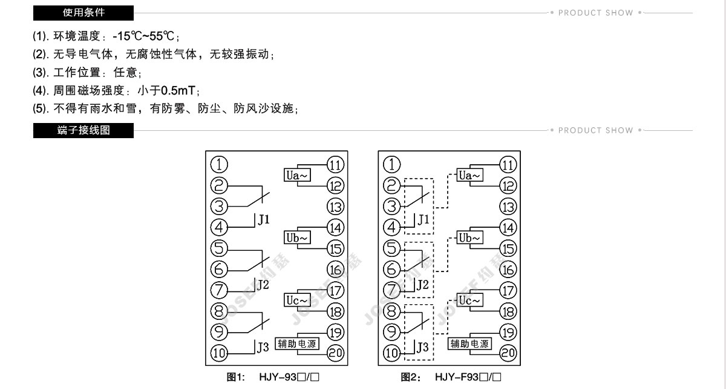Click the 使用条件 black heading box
click(x=83, y=13)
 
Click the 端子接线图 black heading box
click(x=83, y=130)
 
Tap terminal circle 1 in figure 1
click(x=219, y=164)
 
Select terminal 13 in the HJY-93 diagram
click(x=335, y=206)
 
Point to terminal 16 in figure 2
click(x=508, y=270)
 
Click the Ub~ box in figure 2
click(x=470, y=238)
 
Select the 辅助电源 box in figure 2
click(x=470, y=344)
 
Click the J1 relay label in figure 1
click(x=264, y=219)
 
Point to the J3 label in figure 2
click(x=422, y=348)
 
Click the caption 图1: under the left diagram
click(x=235, y=377)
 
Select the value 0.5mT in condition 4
click(x=178, y=91)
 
